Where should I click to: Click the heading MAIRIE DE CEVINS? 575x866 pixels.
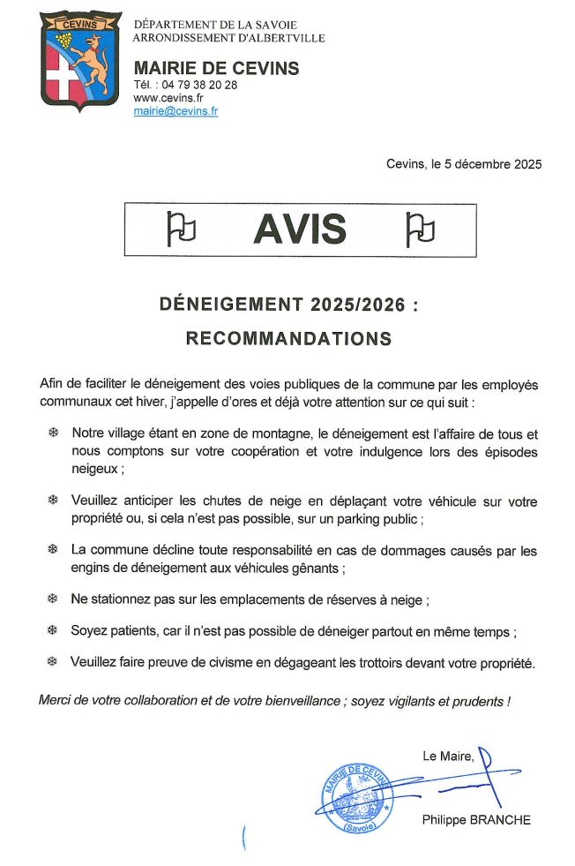click(216, 68)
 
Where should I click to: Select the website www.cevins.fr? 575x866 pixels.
click(168, 98)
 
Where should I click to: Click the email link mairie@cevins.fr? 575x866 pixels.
click(175, 111)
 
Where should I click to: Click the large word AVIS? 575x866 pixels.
click(299, 230)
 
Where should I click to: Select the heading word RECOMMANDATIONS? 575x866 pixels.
click(287, 338)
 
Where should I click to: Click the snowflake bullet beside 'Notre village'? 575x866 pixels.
click(52, 433)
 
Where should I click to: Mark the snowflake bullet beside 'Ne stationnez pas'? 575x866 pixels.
click(52, 599)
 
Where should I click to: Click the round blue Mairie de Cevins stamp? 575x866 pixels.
click(356, 796)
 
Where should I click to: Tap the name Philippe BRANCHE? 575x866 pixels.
click(476, 819)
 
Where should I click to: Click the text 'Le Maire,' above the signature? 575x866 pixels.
click(448, 756)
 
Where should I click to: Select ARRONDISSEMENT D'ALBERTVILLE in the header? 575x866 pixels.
click(228, 38)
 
